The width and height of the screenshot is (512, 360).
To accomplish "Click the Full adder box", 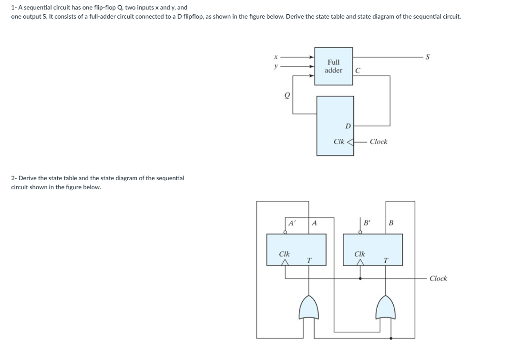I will [x=333, y=66].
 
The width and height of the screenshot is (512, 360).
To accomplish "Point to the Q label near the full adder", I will [x=287, y=95].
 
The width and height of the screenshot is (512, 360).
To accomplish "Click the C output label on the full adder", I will [x=358, y=71].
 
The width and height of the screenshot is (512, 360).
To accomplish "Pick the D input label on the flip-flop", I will [x=348, y=126].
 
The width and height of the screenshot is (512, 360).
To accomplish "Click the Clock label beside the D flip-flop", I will [x=379, y=142].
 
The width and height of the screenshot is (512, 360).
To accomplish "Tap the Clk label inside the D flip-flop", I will [x=339, y=142].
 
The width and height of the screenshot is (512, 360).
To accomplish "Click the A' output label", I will [x=291, y=222].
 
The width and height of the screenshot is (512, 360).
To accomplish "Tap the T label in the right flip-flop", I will [x=385, y=260].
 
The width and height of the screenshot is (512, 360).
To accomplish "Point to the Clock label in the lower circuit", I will [x=438, y=278].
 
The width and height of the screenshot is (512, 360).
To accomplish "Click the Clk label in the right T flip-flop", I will [x=360, y=254].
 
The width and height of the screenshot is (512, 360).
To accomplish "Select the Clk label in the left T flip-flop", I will [x=285, y=254].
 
